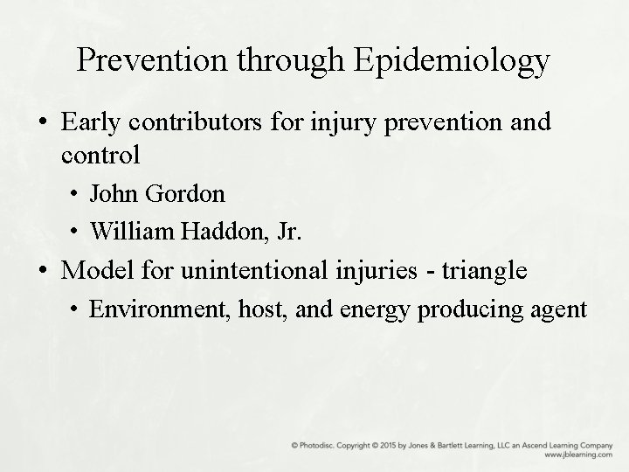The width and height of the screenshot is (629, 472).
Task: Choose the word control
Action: tap(101, 155)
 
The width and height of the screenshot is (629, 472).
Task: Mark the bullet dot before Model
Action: tap(45, 271)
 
